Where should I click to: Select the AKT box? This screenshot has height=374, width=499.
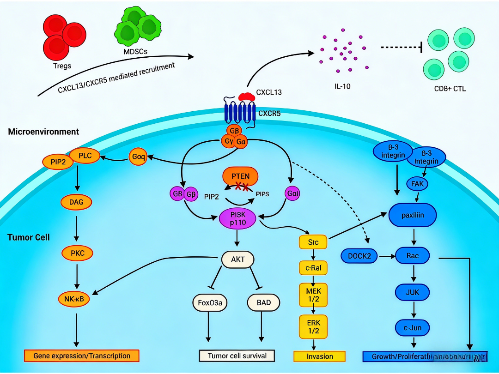[237, 259]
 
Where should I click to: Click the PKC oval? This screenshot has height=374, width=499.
[77, 253]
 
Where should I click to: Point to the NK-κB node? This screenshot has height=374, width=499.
[77, 299]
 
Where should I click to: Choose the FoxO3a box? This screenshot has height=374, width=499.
[210, 303]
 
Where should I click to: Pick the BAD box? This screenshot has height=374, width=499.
[263, 303]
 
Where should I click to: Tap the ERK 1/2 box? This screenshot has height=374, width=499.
[314, 326]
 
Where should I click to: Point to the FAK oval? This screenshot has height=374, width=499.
[417, 184]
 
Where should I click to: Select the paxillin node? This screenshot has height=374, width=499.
[412, 215]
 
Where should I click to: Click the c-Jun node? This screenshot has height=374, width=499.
[413, 328]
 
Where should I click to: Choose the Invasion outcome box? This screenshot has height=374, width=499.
[320, 356]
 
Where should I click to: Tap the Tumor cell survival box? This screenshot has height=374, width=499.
[237, 356]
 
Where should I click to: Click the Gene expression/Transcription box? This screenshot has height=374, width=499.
[82, 356]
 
